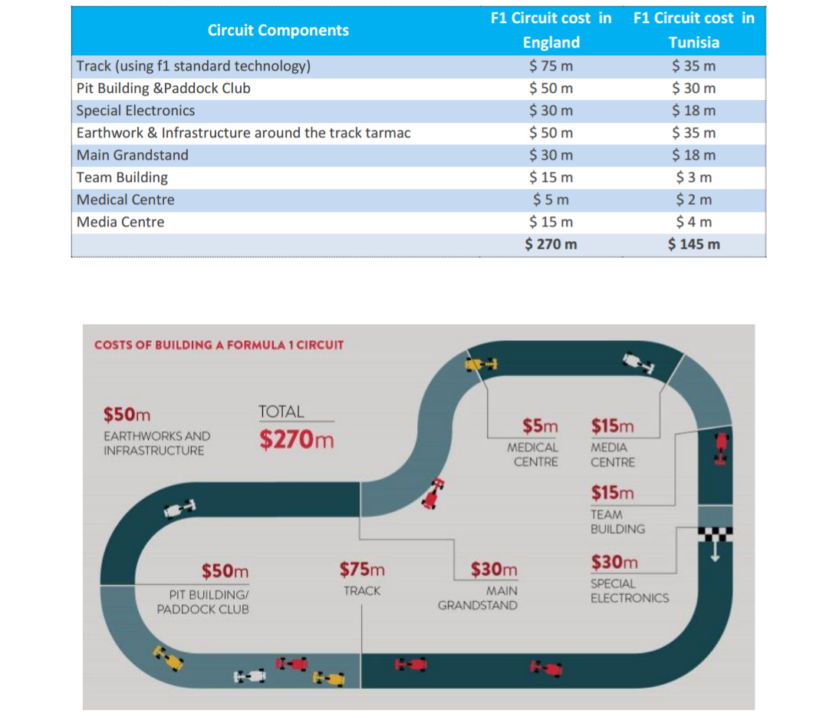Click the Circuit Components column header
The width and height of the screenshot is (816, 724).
coord(278,30)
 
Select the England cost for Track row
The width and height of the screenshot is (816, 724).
coord(551,66)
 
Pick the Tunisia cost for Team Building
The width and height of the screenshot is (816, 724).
coord(694,177)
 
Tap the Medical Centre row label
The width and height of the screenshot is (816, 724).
coord(126,200)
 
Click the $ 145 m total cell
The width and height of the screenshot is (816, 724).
coord(694,244)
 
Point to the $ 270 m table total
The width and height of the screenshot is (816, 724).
coord(551,244)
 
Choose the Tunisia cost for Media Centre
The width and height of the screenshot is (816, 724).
coord(694,222)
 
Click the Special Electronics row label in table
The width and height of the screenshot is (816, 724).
coord(135,111)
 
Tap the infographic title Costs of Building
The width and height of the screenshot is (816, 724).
coord(219,345)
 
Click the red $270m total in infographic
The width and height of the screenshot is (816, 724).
coord(297,439)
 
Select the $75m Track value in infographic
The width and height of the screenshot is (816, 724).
coord(362,570)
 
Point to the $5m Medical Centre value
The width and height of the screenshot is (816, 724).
coord(540,425)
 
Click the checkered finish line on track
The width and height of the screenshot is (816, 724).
coord(715,534)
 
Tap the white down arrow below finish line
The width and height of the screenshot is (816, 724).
coord(716,551)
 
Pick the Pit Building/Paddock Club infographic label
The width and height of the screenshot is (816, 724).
coord(203,602)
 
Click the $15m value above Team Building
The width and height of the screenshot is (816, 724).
coord(613,492)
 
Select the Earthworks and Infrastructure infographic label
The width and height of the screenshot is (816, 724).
coord(156,443)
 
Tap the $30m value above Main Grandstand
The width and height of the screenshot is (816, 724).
coord(494,569)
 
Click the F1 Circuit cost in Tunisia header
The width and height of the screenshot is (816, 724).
coord(694,30)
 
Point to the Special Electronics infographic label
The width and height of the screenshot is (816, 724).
coord(630,590)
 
